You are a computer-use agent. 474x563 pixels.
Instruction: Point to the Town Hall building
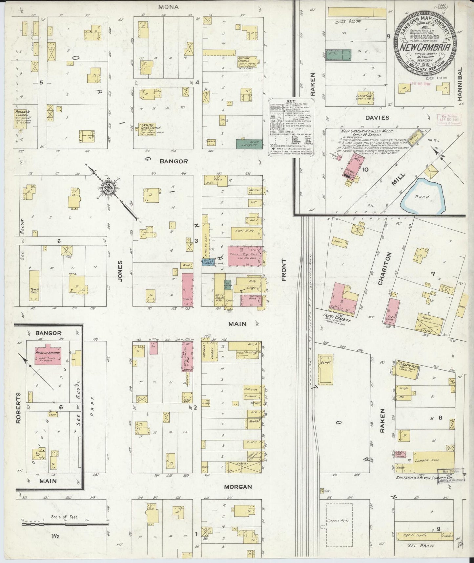[34, 285]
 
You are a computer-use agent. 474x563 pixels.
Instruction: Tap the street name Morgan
[238, 486]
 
